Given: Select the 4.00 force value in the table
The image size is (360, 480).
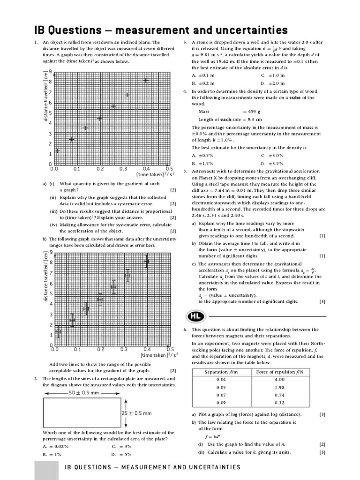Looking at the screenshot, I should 279,380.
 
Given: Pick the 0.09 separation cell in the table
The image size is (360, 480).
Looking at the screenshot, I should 221,402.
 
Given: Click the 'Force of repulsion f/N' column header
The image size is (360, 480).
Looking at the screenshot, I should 279,372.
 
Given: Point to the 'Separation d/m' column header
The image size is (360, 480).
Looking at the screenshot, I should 221,372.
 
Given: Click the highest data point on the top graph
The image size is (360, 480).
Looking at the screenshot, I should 146,80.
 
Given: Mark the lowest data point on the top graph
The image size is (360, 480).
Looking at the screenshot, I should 58,150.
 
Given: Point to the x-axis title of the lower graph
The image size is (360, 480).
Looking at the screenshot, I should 149,356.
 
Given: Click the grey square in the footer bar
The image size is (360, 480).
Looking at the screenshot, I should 46,470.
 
